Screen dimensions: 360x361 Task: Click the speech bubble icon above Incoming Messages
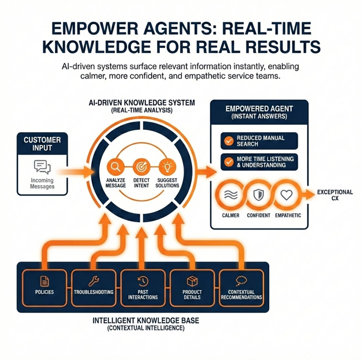43,167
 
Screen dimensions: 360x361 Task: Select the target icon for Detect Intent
142,167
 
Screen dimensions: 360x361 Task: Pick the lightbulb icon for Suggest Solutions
168,167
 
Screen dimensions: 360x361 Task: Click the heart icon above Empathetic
286,195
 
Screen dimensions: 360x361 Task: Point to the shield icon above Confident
258,195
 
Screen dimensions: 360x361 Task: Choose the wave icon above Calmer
230,195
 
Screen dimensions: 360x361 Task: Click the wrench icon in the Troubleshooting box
92,281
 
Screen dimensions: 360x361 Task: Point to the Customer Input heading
42,144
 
